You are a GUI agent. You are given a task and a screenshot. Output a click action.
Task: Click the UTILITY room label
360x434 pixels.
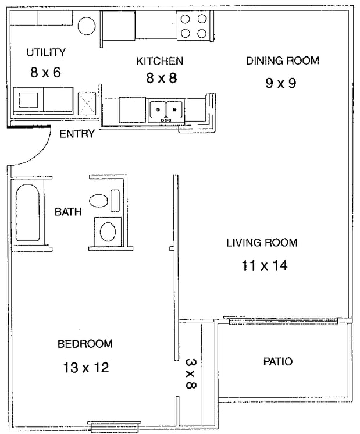(46, 52)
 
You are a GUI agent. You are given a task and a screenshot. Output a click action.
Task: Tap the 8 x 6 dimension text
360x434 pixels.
(46, 73)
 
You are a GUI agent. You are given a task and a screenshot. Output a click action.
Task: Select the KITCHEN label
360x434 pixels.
(160, 61)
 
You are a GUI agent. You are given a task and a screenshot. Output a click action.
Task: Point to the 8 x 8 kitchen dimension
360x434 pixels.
(162, 78)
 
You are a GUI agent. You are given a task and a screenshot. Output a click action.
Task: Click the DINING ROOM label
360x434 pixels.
(283, 61)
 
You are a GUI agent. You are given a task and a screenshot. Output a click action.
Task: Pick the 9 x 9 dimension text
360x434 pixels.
(281, 83)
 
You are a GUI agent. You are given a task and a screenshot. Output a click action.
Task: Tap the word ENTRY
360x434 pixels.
(77, 134)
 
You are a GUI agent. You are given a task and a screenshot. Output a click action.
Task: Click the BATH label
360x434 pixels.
(69, 212)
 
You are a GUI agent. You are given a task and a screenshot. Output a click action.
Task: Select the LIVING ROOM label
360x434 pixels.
(262, 243)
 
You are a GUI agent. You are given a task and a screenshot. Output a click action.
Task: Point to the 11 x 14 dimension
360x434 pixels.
(265, 265)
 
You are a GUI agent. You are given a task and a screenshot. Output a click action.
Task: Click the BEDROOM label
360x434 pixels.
(85, 344)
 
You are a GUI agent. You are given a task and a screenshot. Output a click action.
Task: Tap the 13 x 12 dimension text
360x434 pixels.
(86, 368)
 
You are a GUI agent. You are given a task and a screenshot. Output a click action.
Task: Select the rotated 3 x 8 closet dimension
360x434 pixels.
(191, 373)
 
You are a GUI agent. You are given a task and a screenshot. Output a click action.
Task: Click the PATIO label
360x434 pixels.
(278, 361)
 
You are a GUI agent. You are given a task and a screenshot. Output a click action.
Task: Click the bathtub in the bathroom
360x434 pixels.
(27, 212)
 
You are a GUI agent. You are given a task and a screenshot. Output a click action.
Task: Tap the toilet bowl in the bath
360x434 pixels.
(98, 200)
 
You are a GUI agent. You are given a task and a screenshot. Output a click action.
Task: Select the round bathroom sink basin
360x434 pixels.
(108, 232)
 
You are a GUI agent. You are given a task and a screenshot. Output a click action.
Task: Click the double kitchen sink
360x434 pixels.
(166, 110)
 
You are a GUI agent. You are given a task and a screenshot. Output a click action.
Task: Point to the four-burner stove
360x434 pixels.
(194, 26)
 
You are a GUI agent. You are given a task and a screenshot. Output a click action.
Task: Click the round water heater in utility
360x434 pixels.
(87, 26)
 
